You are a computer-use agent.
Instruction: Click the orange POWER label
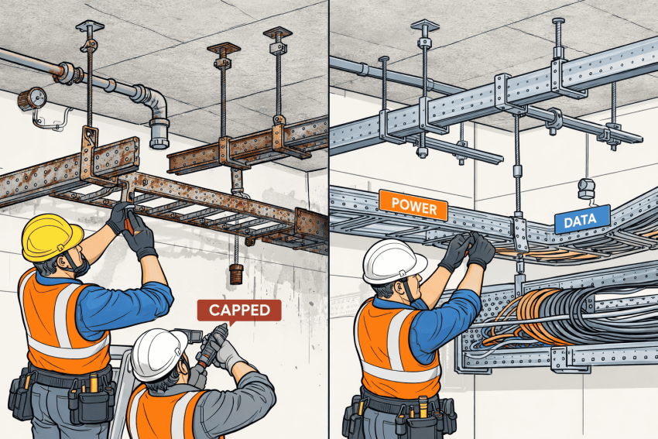(x=413, y=205)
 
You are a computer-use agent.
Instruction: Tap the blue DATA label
(x=582, y=219)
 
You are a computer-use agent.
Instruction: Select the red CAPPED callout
(x=239, y=310)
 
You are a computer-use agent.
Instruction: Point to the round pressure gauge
(x=32, y=99)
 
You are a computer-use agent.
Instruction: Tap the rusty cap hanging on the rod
(x=236, y=275)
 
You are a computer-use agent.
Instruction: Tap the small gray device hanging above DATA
(x=587, y=188)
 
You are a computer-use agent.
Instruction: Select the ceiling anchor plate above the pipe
(x=90, y=26)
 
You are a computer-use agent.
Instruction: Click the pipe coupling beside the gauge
(x=67, y=73)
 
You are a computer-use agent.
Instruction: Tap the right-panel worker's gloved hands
(x=468, y=250)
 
